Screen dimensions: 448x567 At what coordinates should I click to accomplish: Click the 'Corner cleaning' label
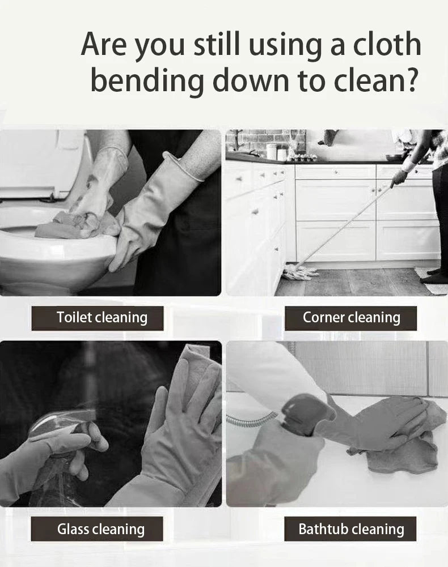350,318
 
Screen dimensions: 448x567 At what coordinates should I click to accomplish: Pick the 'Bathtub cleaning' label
350,529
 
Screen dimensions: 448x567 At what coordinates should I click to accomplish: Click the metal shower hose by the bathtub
250,420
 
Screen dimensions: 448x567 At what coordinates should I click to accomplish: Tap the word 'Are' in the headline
104,45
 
